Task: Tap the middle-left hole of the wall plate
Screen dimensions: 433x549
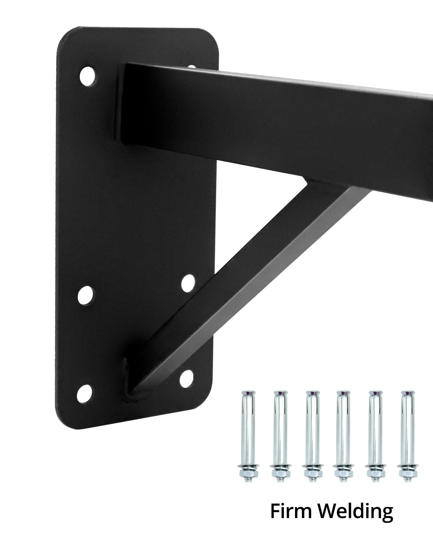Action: (86, 295)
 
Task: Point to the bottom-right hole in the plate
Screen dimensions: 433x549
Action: (186, 379)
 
